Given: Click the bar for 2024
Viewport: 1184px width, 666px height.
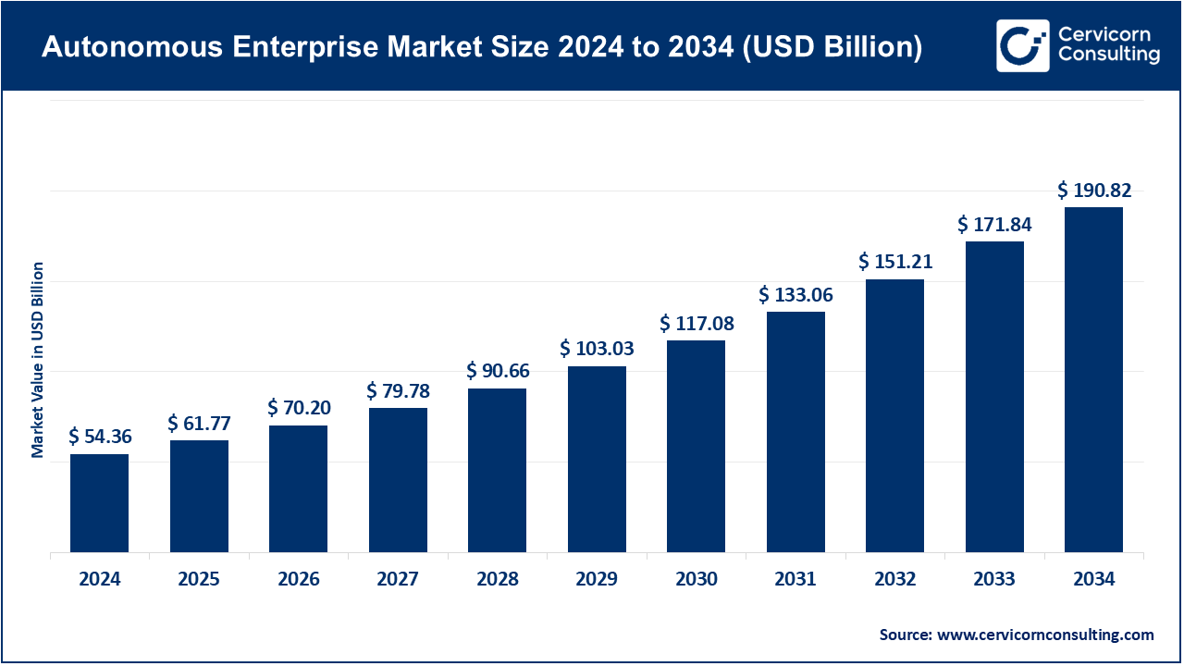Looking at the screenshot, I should [x=99, y=503].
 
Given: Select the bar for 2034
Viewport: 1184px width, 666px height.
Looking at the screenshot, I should [x=1093, y=379].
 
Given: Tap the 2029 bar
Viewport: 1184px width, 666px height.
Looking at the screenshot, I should [x=597, y=459].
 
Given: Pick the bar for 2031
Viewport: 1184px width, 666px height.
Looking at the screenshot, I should [x=795, y=432].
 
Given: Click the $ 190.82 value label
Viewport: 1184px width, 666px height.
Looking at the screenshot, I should [x=1094, y=191].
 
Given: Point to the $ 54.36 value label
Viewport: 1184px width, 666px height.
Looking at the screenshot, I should [x=99, y=437].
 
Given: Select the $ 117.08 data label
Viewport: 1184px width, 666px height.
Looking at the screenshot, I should [x=697, y=324].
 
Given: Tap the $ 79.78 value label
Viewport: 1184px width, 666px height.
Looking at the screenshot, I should [x=398, y=391].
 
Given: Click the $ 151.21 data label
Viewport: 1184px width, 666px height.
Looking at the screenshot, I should [x=895, y=262].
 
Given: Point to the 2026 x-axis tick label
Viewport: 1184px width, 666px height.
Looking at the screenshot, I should [x=299, y=580].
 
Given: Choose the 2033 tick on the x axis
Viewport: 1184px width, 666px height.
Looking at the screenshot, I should [x=994, y=580].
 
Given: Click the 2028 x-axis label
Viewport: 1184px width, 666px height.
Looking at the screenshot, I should [x=498, y=580].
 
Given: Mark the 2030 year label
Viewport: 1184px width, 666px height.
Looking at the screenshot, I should [x=697, y=580].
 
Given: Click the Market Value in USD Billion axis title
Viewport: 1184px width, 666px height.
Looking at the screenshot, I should [x=38, y=360].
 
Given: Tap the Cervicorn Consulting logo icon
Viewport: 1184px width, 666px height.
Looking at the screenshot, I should [x=1022, y=45].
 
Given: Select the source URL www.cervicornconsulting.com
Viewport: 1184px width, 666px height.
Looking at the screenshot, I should [x=1045, y=635].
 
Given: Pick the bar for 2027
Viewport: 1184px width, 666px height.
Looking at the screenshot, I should [x=398, y=480].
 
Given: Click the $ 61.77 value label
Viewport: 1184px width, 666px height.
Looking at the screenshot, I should [x=199, y=424].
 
